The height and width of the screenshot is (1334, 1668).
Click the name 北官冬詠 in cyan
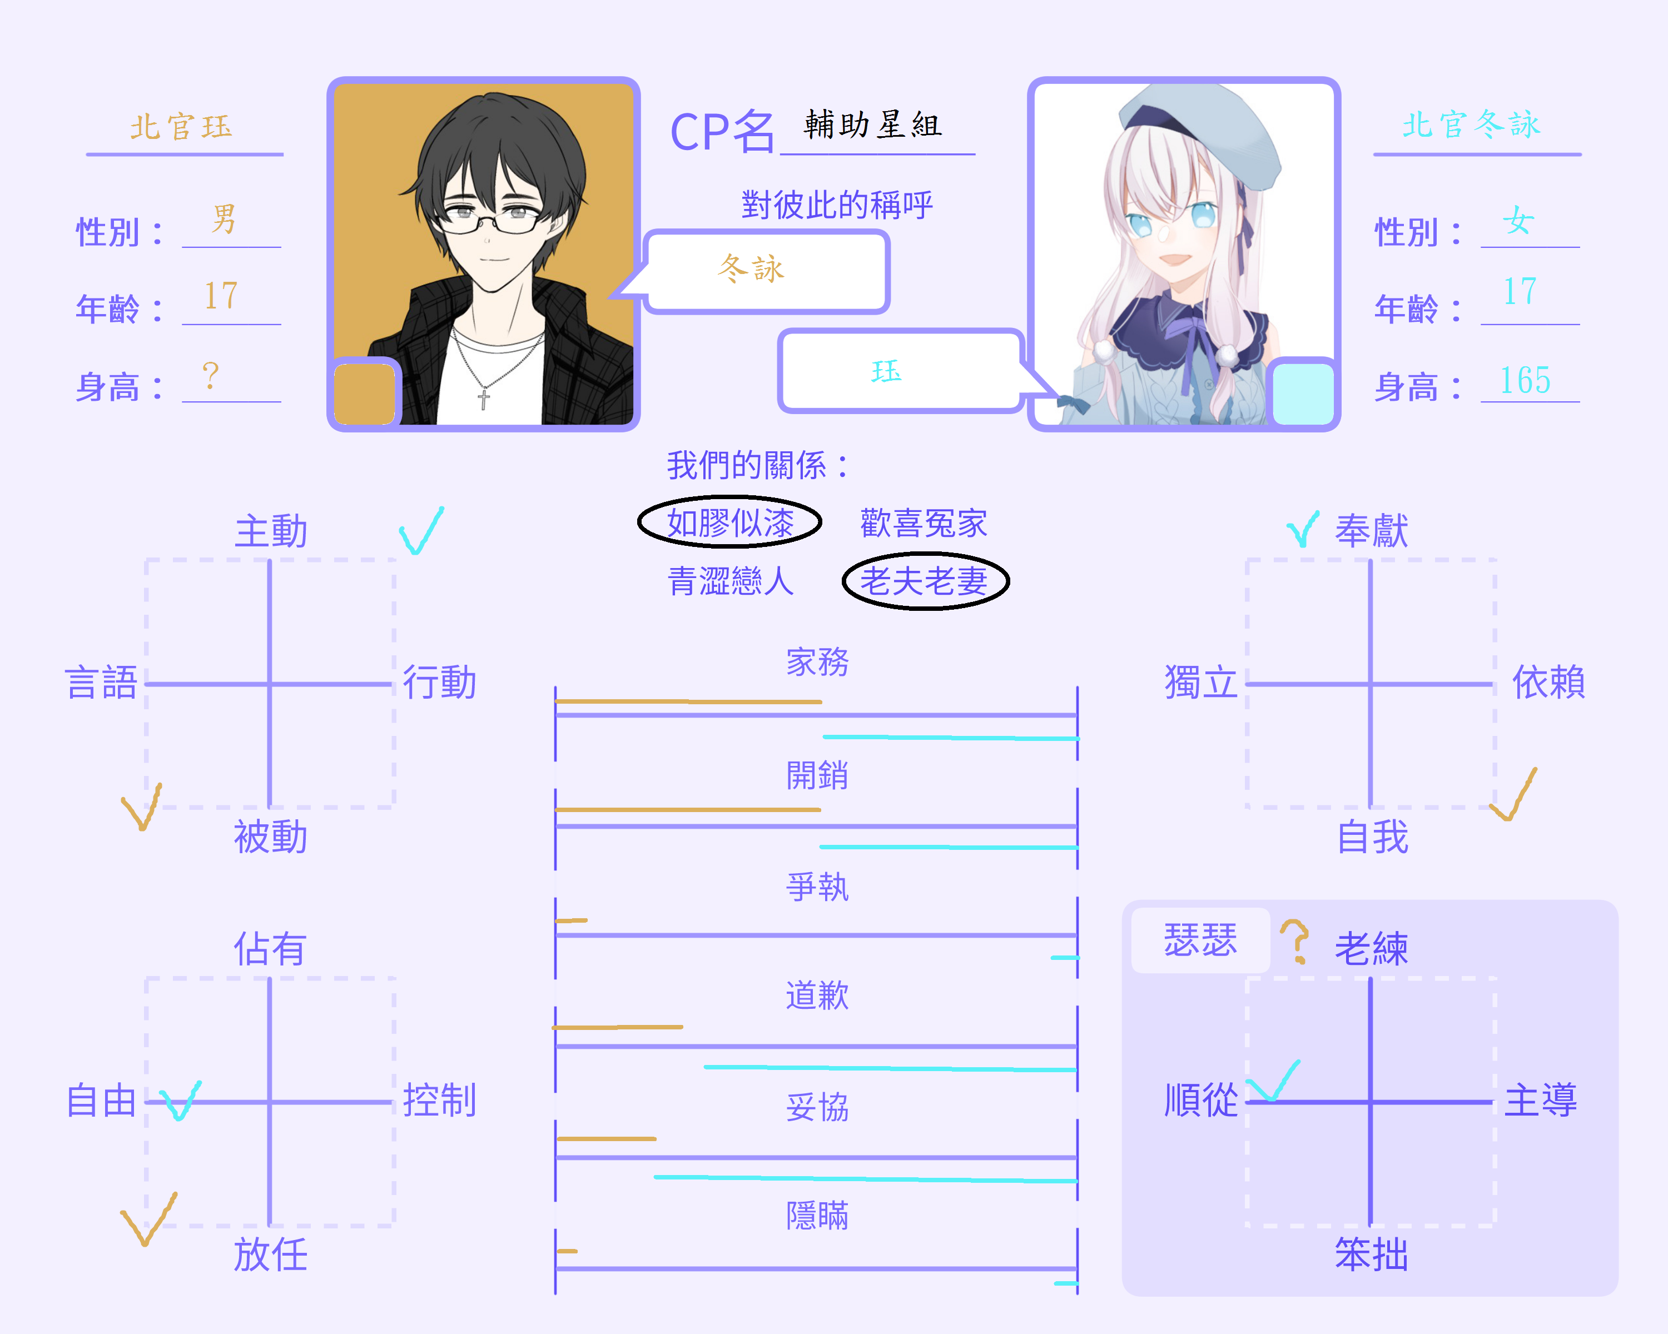click(1472, 124)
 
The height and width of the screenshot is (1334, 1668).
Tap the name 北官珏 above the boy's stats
click(181, 126)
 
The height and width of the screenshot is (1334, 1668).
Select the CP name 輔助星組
click(873, 124)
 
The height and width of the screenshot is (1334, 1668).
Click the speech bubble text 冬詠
click(751, 268)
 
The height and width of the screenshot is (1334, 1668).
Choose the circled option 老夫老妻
click(925, 581)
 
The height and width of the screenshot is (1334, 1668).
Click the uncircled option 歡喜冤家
click(924, 524)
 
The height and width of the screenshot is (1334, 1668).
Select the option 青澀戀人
click(731, 581)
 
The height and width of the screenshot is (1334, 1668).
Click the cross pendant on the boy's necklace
click(484, 399)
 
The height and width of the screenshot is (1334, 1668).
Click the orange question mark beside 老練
click(1294, 941)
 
